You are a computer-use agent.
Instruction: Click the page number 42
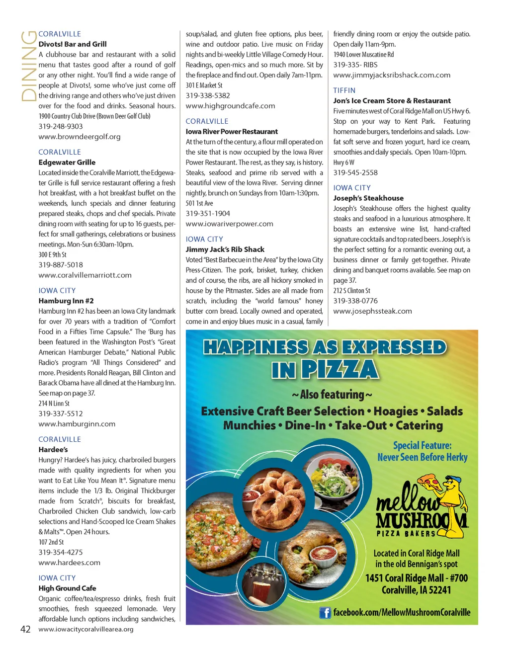coord(25,629)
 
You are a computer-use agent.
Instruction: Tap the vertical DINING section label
coord(29,66)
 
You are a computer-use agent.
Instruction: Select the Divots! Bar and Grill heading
coord(73,44)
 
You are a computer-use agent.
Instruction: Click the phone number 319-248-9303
coord(61,126)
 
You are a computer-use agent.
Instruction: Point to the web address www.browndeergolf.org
coord(80,137)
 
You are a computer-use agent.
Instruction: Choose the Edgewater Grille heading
coord(67,163)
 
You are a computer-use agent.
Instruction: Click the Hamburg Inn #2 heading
coord(66,301)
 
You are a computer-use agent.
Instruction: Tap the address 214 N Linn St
coord(54,404)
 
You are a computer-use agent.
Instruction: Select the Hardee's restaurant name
coord(53,450)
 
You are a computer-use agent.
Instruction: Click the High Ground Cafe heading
coord(68,588)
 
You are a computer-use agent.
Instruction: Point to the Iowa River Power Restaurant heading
coord(232,132)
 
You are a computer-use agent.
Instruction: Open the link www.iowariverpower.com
coord(229,224)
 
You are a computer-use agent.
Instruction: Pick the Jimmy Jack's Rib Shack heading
coord(225,249)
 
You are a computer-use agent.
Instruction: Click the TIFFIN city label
coord(344,90)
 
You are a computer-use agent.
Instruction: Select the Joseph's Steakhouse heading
coord(368,198)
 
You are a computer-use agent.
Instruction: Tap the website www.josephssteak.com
coord(372,311)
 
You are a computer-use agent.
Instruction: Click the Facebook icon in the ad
coord(325,613)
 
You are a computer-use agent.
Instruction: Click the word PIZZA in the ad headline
coord(339,370)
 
